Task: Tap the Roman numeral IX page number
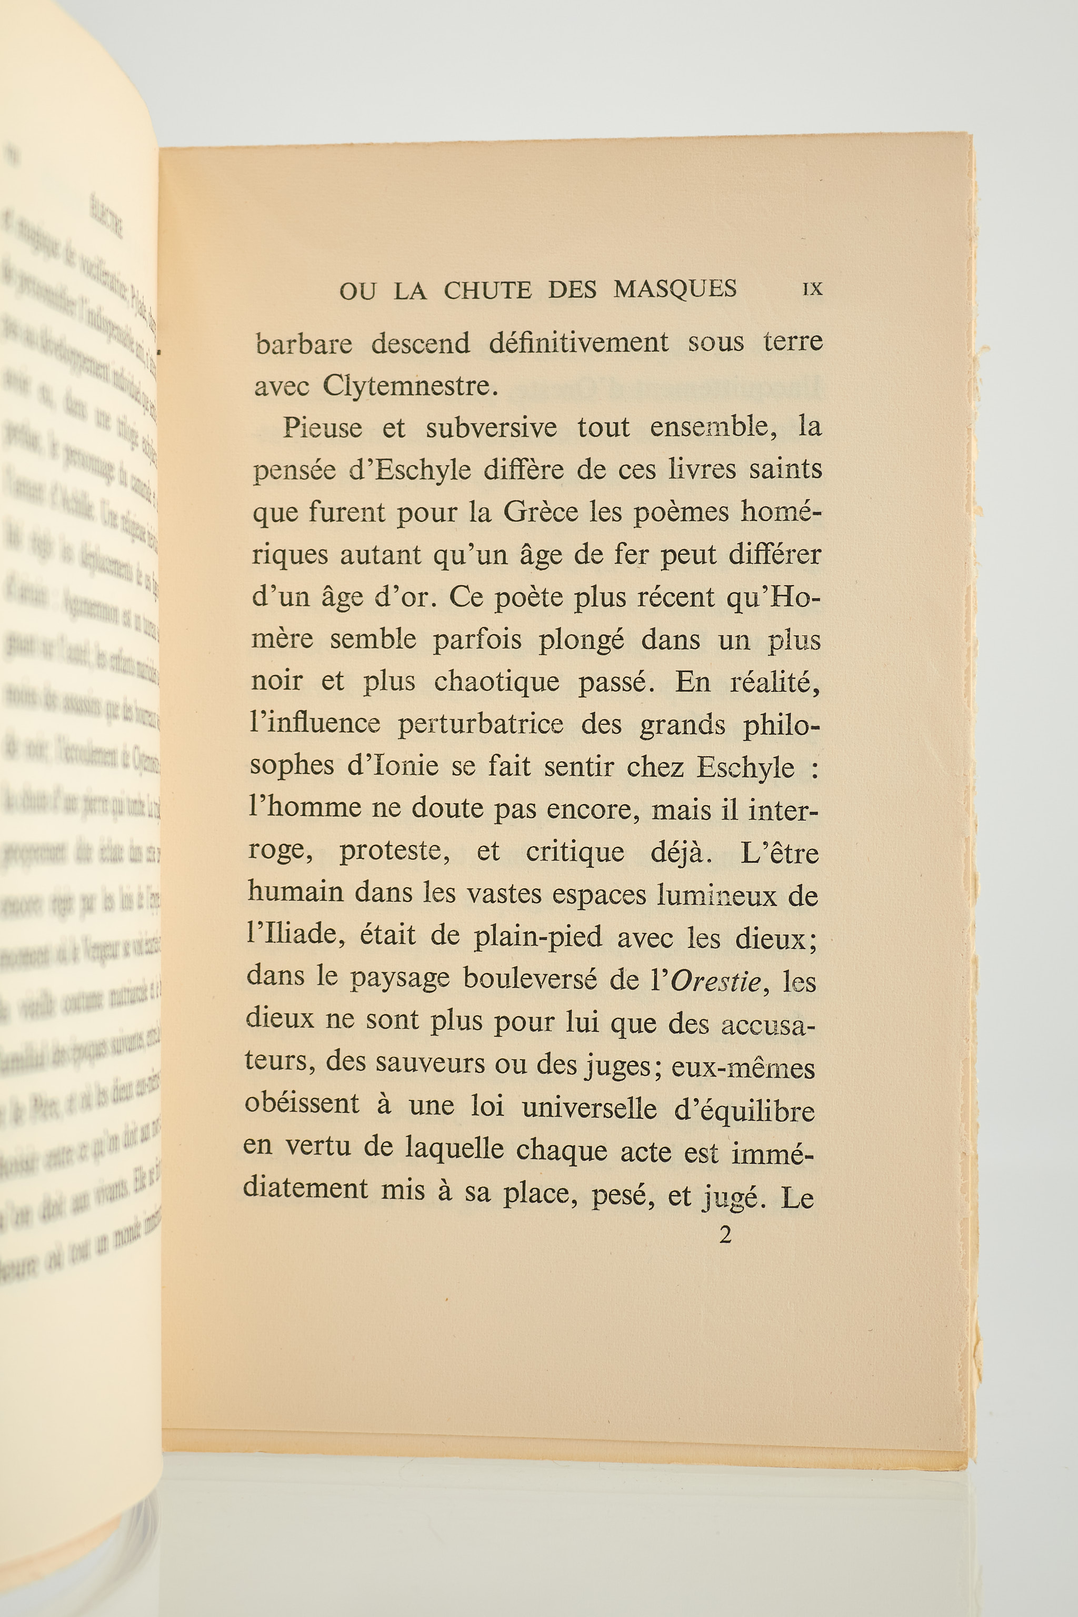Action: (812, 290)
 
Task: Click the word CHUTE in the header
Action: (487, 290)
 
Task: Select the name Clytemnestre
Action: (410, 386)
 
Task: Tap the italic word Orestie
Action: (715, 981)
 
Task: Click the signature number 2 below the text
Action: (725, 1235)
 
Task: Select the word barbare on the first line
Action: (304, 344)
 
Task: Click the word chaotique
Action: (496, 681)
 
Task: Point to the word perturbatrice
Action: (480, 724)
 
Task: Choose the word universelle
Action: (589, 1108)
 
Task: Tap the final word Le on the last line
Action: (797, 1199)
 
